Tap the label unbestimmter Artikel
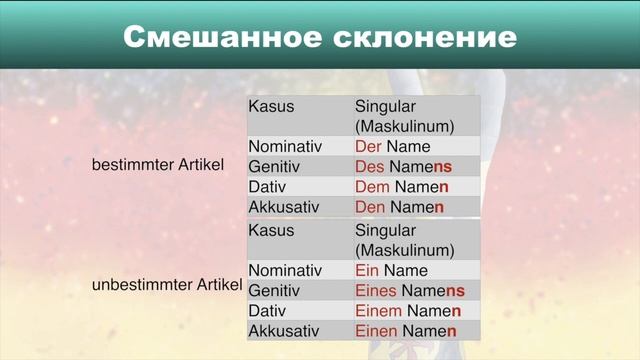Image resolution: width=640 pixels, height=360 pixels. [x=167, y=285]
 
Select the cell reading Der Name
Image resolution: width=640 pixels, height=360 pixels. [x=392, y=146]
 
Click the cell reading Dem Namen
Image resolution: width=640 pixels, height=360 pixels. [x=401, y=187]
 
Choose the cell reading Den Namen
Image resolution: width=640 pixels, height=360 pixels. [x=400, y=207]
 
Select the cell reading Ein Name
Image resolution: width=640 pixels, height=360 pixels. [x=391, y=270]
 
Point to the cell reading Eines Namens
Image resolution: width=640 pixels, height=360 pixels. [x=410, y=291]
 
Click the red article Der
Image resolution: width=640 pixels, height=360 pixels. [x=369, y=146]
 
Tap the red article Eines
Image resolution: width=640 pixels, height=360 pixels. [x=376, y=291]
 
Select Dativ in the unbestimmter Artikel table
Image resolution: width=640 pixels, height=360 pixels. [x=267, y=311]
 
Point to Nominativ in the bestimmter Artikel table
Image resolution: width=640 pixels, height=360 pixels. [x=285, y=146]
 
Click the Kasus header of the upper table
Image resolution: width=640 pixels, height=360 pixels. [x=271, y=106]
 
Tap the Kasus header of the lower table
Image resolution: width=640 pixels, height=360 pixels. [x=271, y=230]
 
